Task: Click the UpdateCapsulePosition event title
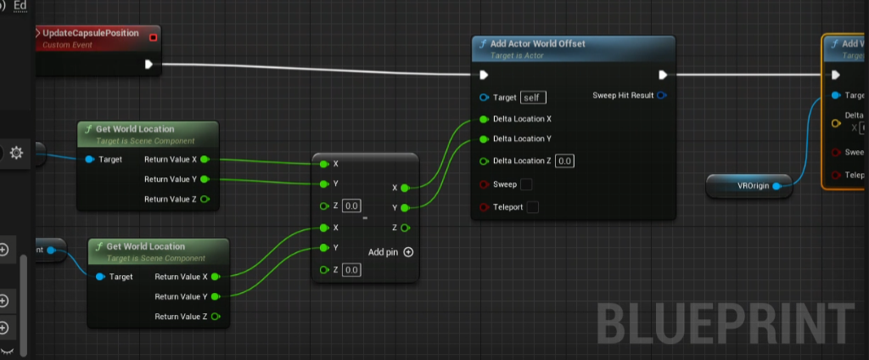[96, 32]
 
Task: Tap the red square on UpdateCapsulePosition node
[153, 37]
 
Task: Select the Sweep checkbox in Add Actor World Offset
[526, 184]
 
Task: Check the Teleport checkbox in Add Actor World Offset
[532, 207]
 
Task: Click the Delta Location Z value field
[564, 161]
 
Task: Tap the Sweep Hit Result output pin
[662, 95]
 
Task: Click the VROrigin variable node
[747, 185]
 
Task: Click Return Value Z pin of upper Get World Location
[204, 200]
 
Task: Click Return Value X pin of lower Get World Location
[216, 277]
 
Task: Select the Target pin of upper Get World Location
[91, 160]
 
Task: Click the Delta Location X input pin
[484, 119]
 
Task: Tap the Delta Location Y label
[522, 138]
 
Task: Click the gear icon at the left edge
[16, 153]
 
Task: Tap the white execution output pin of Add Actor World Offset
[662, 74]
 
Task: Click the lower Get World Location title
[145, 246]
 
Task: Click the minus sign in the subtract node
[365, 218]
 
